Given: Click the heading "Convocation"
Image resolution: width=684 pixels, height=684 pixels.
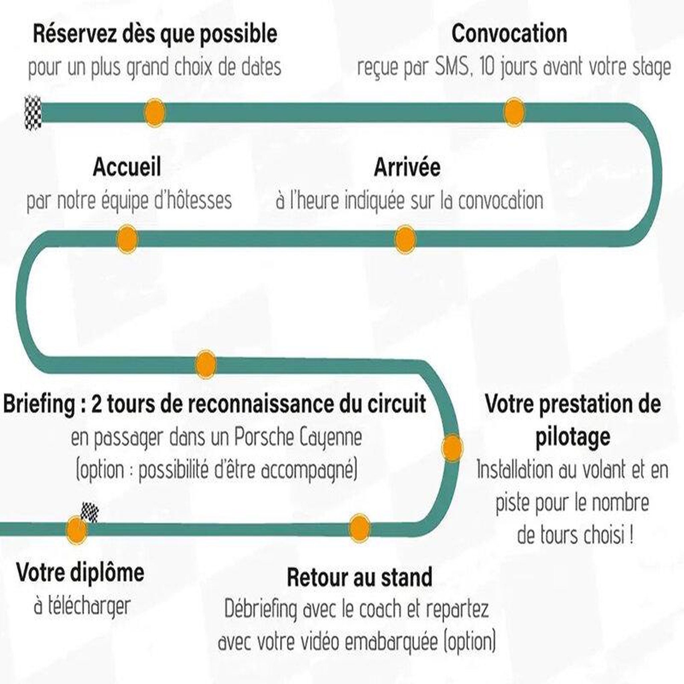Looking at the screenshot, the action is point(509,34).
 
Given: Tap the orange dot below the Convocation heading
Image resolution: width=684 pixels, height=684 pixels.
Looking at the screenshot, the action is point(514,112).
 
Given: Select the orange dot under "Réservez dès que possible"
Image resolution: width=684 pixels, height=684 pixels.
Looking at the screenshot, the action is point(155,112).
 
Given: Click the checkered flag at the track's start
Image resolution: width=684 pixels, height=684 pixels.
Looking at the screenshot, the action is point(33,113).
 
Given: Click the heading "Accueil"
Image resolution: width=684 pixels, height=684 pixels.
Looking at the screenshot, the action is point(127,167).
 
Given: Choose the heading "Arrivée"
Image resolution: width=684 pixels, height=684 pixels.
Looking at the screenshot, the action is point(407,167).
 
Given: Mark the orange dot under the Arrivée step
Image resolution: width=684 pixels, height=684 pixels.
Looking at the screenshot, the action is point(405,239).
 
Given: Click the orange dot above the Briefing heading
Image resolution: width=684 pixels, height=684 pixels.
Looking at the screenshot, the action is point(206,364).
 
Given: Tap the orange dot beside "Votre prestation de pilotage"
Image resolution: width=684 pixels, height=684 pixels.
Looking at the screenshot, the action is point(452,448).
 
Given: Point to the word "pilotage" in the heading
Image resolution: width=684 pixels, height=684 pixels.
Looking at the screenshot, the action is point(572,437).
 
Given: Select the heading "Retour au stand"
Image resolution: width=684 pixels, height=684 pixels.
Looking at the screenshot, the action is point(360,577).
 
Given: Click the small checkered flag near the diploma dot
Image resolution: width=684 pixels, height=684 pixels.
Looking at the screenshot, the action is point(90,512).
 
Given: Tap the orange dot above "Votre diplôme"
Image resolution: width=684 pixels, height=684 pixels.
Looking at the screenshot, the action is point(76,530).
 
